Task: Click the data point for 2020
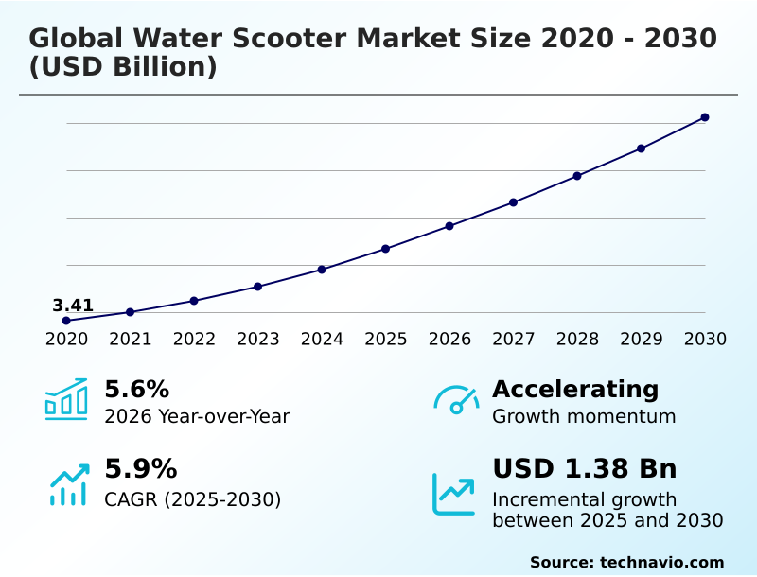tap(66, 321)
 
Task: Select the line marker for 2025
tap(386, 249)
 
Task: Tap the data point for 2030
tap(705, 117)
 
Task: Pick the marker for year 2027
tap(514, 202)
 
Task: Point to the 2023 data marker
tap(258, 287)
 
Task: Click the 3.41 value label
tap(73, 306)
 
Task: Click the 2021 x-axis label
tap(131, 340)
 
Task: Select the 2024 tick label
tap(322, 340)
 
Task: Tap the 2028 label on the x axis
tap(577, 340)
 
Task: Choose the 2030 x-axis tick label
tap(705, 340)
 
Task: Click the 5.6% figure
tap(136, 390)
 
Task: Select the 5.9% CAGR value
tap(140, 469)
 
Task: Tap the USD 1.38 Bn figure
tap(585, 469)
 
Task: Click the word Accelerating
tap(575, 390)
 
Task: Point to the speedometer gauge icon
tap(456, 400)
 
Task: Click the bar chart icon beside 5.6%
tap(66, 399)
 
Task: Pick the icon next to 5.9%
tap(68, 484)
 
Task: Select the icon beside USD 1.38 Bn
tap(454, 494)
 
